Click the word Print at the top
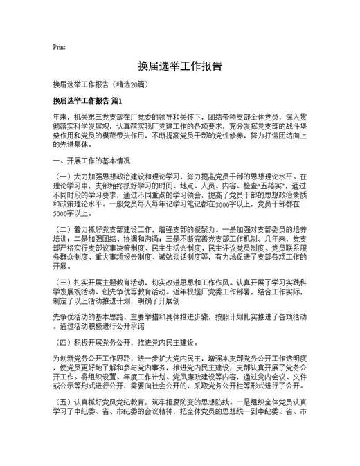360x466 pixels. click(x=59, y=47)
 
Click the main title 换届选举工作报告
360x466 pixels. click(x=179, y=66)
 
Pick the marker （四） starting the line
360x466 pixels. click(x=62, y=342)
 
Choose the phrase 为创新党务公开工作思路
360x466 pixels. click(x=87, y=359)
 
